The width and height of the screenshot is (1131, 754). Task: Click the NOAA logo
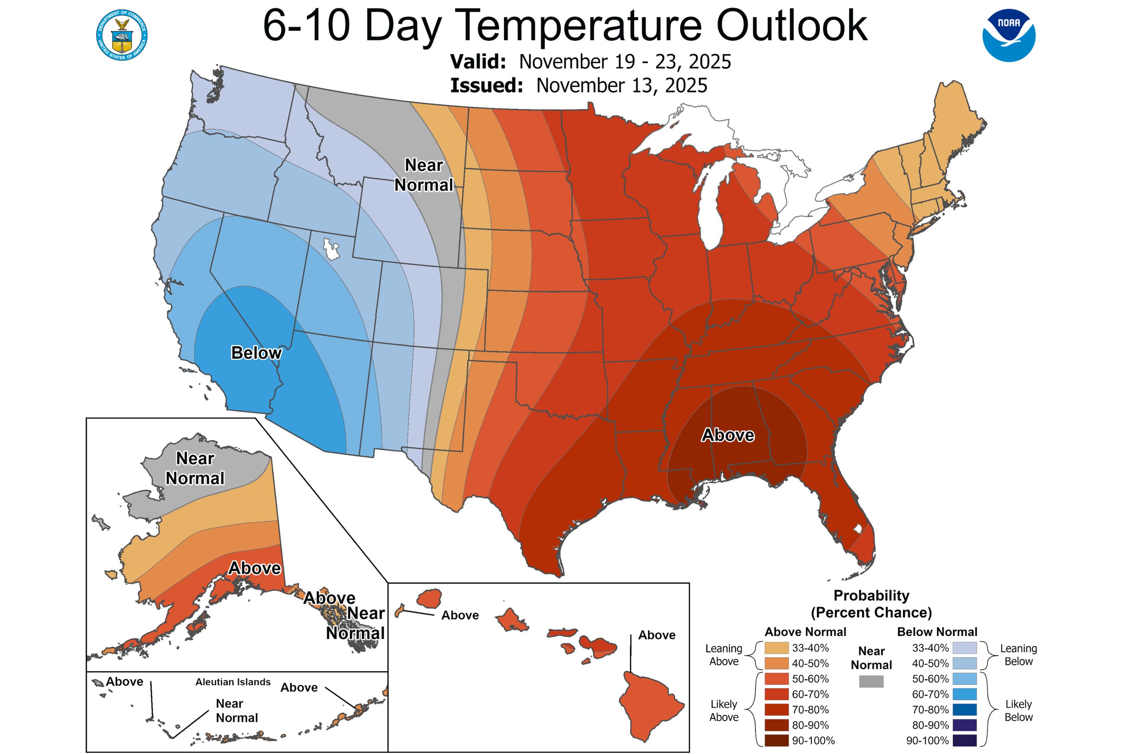(x=1008, y=35)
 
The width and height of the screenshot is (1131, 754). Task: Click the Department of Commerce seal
(x=122, y=35)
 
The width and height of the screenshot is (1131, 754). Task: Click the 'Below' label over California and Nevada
(x=256, y=353)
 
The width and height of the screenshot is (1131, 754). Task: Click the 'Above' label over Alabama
(x=728, y=435)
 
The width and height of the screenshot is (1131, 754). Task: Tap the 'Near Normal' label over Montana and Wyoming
(x=424, y=175)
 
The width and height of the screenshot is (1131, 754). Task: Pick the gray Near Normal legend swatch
(x=871, y=681)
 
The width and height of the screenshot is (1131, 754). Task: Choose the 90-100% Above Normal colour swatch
(x=777, y=740)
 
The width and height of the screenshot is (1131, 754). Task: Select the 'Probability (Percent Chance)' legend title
(x=871, y=604)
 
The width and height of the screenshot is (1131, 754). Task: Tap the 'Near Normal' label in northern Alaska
(x=195, y=468)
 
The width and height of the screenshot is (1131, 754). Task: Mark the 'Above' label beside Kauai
(x=460, y=616)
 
